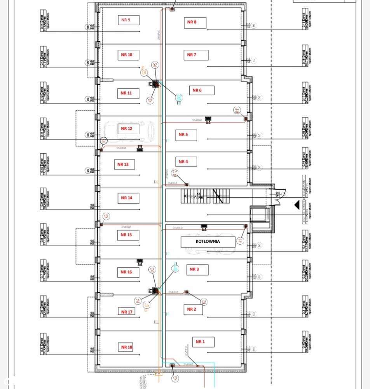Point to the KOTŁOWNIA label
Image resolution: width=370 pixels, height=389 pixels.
[x=208, y=242]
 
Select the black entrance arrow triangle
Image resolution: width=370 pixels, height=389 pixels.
[x=297, y=205]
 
